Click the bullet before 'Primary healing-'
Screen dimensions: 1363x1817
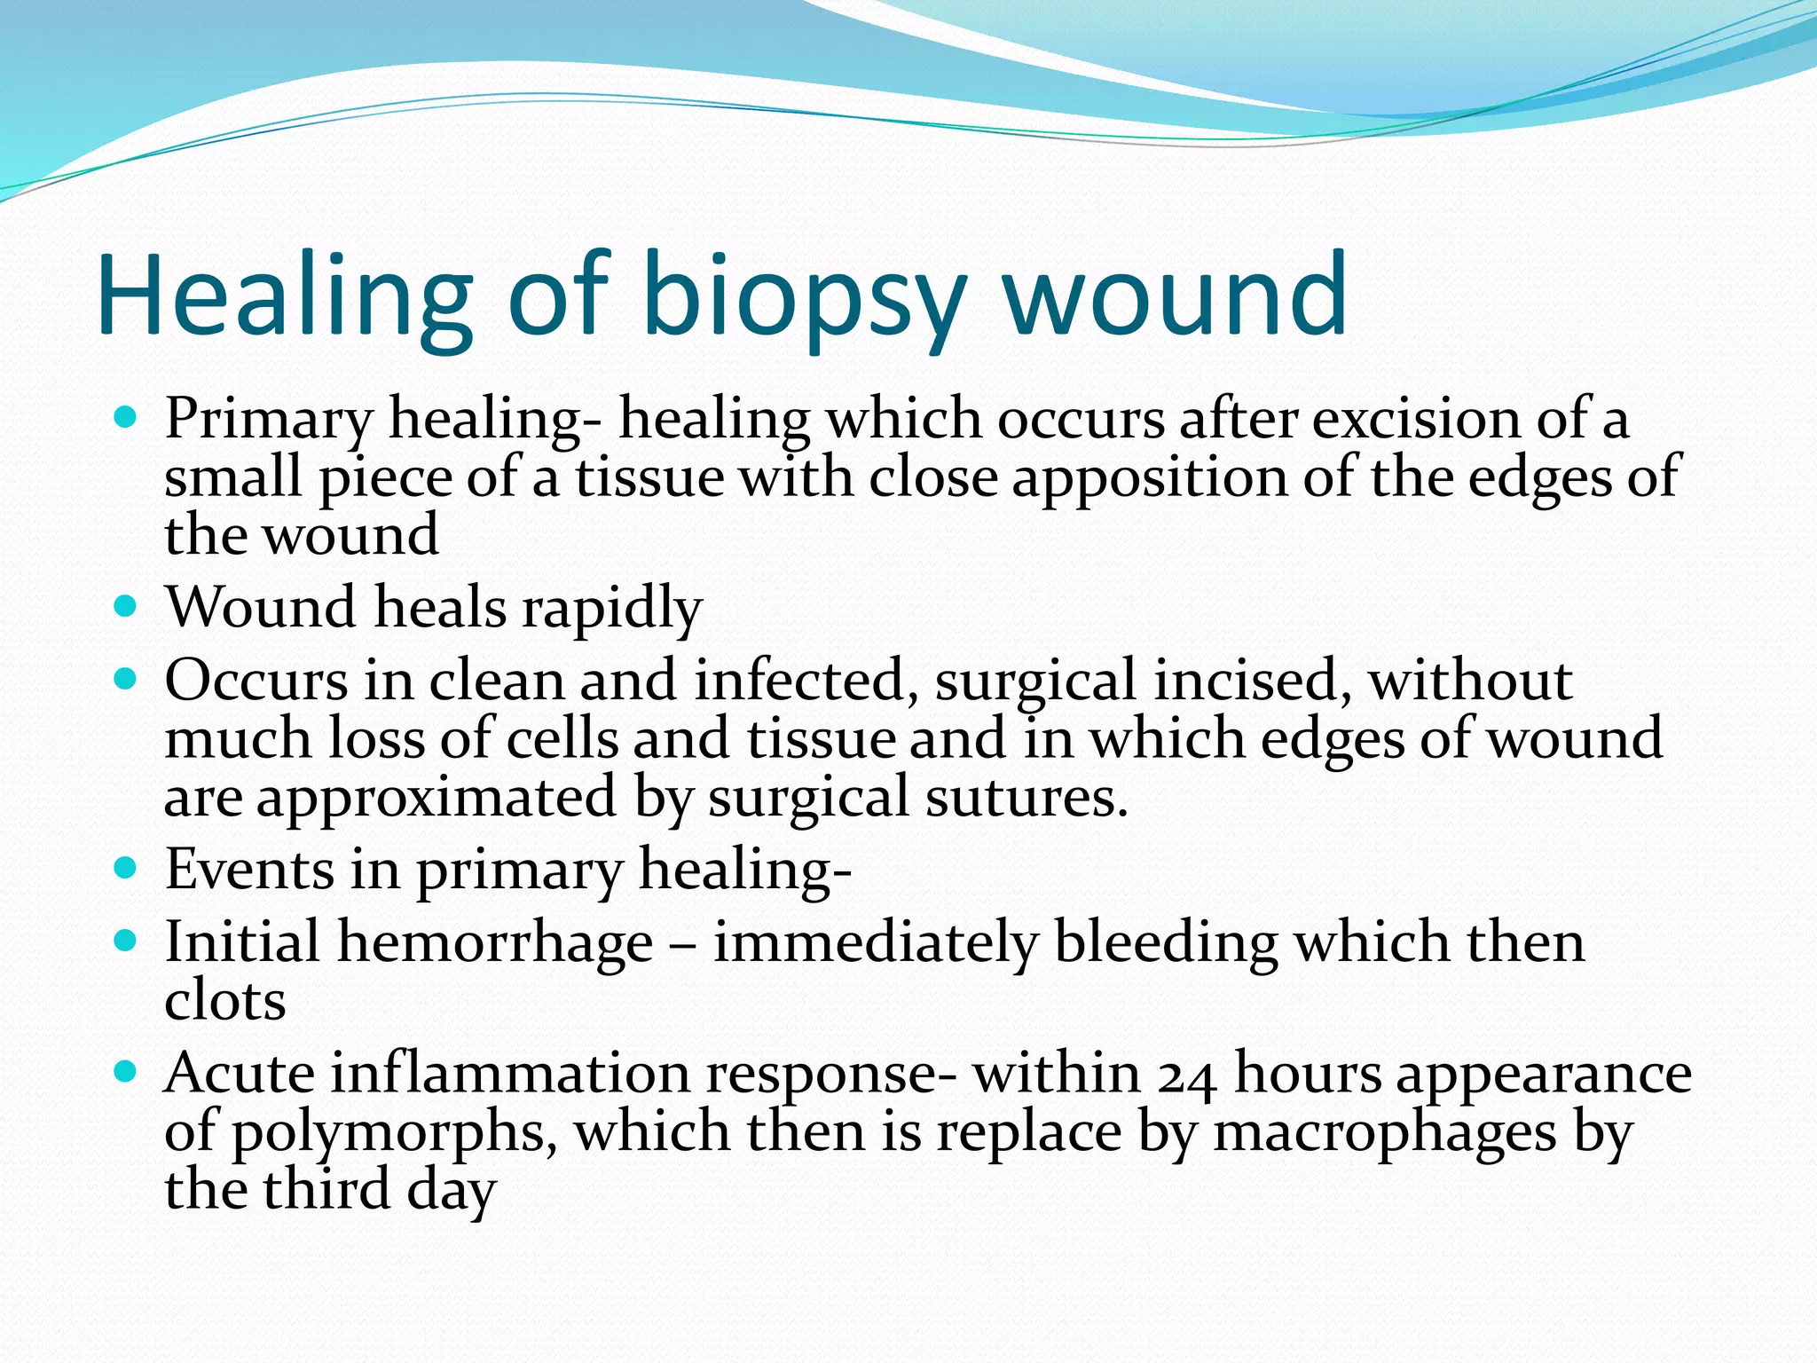tap(126, 416)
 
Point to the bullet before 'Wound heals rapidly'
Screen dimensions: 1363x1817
tap(126, 607)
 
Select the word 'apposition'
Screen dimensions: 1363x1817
tap(1149, 478)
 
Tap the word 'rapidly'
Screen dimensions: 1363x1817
tap(611, 609)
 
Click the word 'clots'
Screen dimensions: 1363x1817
tap(225, 1001)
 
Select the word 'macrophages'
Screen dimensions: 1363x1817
tap(1384, 1133)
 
